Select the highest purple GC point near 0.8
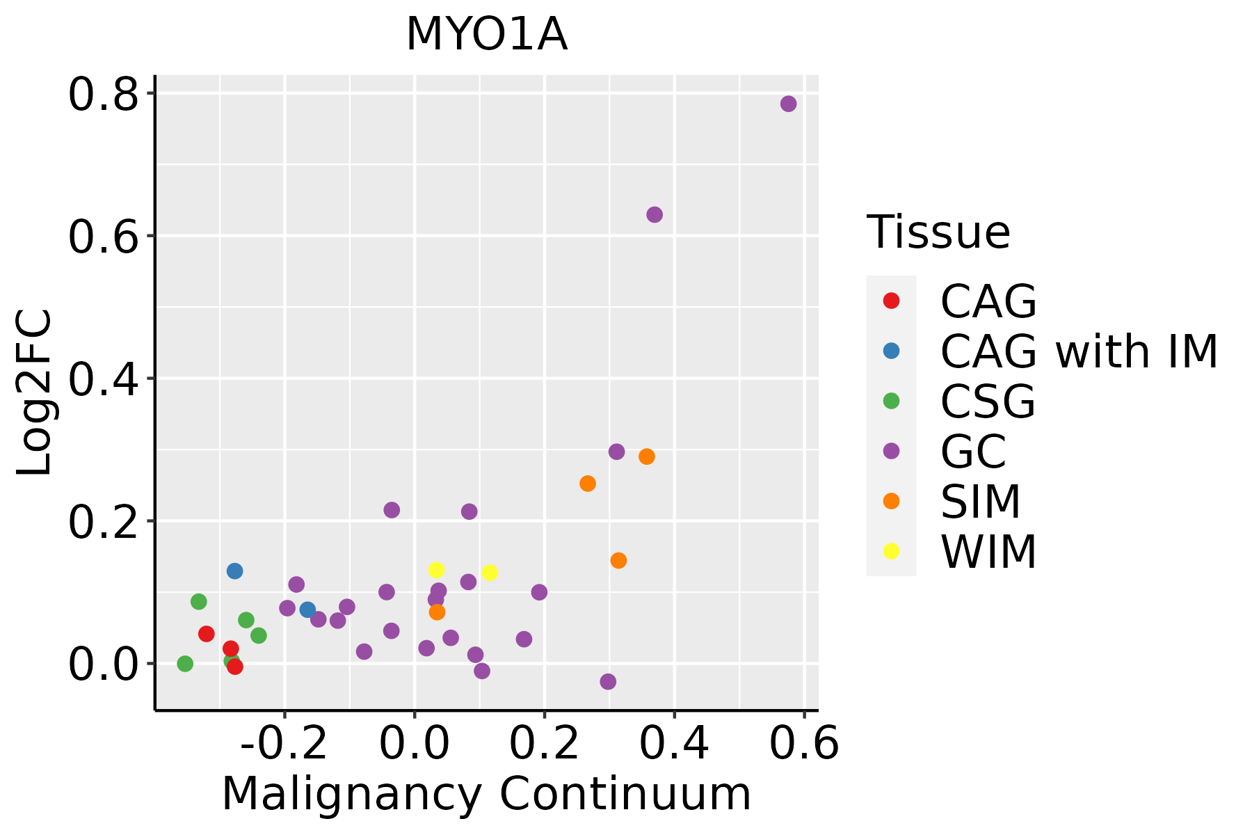coord(788,104)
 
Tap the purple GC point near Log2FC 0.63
coord(655,214)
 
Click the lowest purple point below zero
coord(608,681)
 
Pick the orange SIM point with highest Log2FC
coord(647,456)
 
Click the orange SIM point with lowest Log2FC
coord(437,612)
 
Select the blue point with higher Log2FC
coord(234,571)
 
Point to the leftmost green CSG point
coord(185,664)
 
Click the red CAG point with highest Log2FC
coord(206,634)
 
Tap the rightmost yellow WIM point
coord(490,573)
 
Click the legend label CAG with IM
coord(1079,351)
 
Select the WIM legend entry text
coord(988,552)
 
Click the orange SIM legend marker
coord(891,501)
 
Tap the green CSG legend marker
coord(891,401)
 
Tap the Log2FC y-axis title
coord(35,392)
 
